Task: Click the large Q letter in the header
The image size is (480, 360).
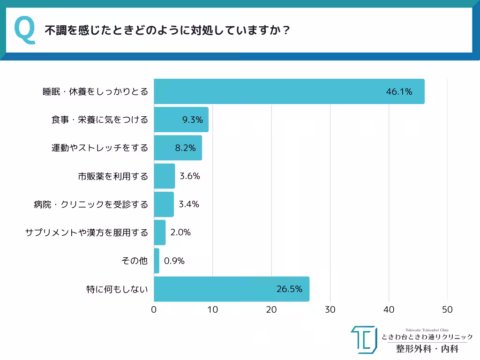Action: [x=25, y=30]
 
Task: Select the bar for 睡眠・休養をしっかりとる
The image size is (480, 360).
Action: [x=289, y=91]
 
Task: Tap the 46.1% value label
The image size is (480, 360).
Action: [x=399, y=92]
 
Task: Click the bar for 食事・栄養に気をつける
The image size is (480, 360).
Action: [x=181, y=120]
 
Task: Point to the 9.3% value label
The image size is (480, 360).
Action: [x=192, y=120]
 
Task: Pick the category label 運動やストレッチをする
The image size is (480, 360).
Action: [x=99, y=148]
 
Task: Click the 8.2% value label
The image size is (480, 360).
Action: [x=185, y=148]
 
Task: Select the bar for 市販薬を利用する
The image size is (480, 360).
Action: [x=164, y=176]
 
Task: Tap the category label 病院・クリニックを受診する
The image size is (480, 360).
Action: [x=90, y=204]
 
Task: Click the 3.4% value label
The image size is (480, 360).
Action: [x=189, y=204]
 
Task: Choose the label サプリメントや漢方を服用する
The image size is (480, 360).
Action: [x=86, y=232]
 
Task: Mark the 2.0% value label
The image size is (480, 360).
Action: [x=180, y=232]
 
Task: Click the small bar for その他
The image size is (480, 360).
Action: [x=157, y=261]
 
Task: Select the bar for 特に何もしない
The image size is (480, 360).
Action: [x=231, y=289]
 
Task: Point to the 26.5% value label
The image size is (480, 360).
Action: [x=289, y=289]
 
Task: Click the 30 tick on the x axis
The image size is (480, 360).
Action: [x=330, y=310]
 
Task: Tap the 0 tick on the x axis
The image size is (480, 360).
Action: [x=154, y=310]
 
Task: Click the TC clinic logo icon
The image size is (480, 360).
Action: [x=364, y=339]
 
